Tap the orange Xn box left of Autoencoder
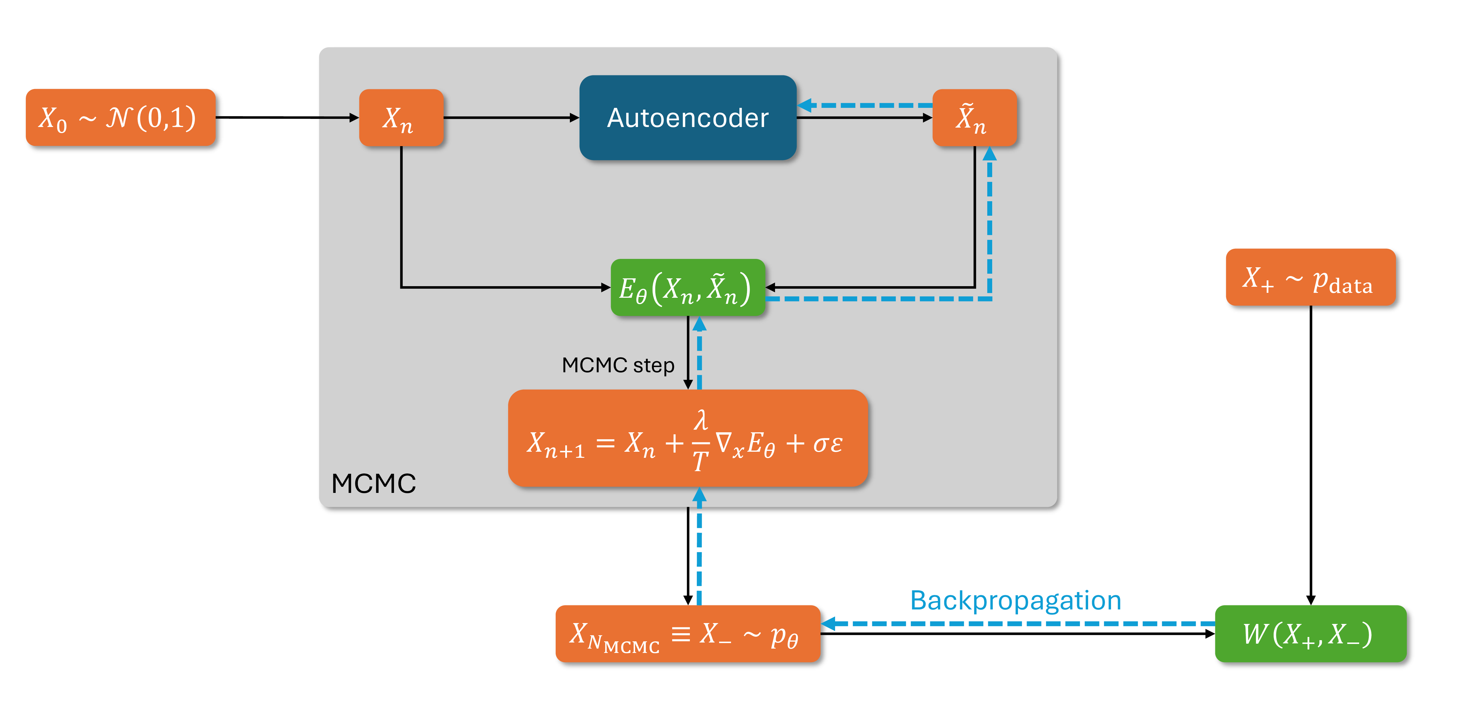point(401,117)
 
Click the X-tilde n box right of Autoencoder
point(974,117)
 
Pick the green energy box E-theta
point(687,287)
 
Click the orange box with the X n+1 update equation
point(687,438)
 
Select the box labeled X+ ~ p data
point(1310,277)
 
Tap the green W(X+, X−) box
point(1310,634)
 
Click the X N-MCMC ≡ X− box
point(687,634)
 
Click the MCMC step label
point(618,365)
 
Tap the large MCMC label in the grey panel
point(374,484)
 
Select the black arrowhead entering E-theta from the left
point(606,287)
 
